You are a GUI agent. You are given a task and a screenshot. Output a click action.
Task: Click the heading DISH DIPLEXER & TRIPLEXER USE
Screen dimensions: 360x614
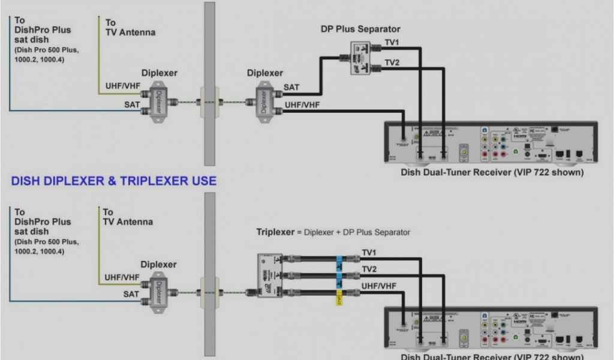[114, 181]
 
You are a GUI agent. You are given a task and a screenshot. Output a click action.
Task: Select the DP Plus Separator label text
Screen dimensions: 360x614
[360, 29]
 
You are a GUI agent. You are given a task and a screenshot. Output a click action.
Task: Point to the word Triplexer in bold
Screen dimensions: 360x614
[275, 232]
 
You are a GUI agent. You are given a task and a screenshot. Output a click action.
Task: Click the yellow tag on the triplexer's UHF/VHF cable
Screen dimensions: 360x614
[339, 298]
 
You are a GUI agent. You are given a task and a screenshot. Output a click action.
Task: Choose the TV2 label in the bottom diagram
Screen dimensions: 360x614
[369, 268]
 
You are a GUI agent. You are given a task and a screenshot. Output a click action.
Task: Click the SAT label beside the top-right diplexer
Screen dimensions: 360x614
[291, 88]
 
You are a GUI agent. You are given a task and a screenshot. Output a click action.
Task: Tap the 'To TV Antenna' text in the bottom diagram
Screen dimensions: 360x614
[127, 217]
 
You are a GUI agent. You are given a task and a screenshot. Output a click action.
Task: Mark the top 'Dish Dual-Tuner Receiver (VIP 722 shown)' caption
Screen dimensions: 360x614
[492, 172]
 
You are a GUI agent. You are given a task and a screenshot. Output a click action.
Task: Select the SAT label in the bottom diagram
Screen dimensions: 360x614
[131, 294]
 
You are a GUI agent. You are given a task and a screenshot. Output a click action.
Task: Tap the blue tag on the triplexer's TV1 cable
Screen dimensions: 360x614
[339, 262]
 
